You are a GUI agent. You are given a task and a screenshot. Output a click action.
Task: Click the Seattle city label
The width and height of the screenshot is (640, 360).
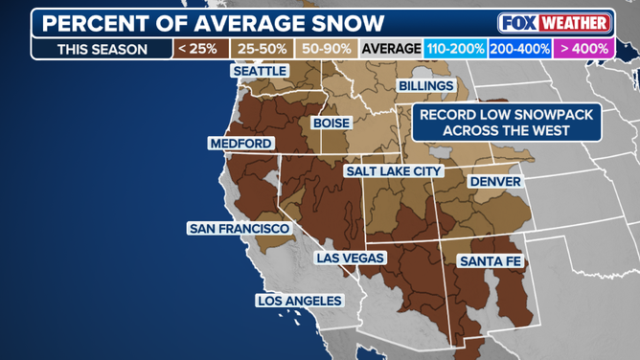click(260, 72)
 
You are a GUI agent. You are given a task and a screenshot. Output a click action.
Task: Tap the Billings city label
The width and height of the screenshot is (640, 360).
click(425, 86)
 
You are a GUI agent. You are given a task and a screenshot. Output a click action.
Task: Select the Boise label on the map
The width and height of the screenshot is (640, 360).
click(331, 124)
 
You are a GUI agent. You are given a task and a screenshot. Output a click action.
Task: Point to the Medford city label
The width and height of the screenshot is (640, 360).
click(240, 144)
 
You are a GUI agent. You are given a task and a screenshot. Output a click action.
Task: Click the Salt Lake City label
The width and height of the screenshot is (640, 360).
click(393, 170)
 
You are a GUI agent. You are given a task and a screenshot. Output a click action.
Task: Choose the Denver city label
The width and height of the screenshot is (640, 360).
click(494, 182)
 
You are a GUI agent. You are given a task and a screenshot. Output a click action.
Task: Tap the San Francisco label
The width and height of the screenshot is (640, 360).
click(239, 229)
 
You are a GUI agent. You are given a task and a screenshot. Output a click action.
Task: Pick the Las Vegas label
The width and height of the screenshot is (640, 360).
click(350, 259)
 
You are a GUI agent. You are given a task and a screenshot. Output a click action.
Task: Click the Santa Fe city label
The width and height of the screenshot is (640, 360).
click(489, 260)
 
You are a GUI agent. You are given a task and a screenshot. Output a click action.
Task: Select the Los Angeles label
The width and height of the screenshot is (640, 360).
click(299, 301)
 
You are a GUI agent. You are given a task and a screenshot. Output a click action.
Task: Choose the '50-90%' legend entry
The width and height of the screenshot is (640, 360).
click(325, 48)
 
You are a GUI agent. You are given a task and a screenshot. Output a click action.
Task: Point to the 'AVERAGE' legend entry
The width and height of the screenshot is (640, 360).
click(391, 48)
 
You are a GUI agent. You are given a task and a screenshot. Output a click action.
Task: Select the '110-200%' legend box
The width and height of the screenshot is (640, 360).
click(456, 48)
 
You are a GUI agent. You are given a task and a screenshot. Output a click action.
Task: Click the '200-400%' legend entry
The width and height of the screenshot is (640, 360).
click(521, 48)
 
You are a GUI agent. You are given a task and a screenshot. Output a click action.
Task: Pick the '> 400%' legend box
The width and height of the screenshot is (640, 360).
click(584, 48)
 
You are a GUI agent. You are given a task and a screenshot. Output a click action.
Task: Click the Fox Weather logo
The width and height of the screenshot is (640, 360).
click(553, 22)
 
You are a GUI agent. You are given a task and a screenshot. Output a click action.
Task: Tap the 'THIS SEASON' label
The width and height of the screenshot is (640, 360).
click(102, 49)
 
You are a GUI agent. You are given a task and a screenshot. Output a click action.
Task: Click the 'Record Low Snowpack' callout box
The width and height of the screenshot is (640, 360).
click(506, 122)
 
